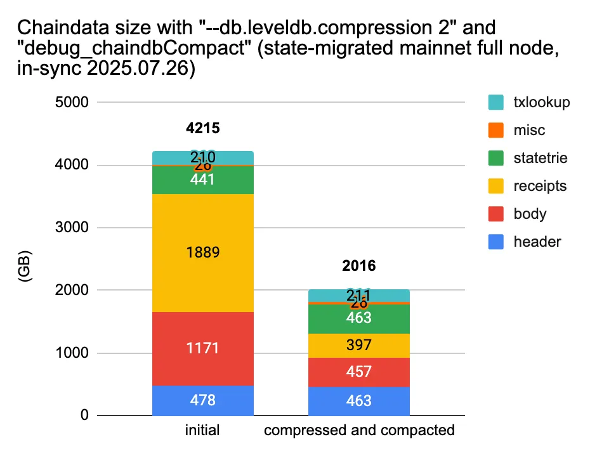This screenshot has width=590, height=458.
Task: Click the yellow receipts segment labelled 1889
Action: click(203, 252)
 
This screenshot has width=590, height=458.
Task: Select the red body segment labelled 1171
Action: click(203, 348)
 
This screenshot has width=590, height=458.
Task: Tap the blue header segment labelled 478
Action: click(203, 400)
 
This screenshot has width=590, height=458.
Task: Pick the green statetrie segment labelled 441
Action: click(203, 180)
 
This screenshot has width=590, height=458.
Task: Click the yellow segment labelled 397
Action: click(358, 345)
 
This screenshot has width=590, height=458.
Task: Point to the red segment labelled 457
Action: click(358, 372)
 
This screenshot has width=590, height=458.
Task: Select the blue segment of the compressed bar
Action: click(358, 401)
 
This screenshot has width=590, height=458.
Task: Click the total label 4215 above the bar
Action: click(203, 129)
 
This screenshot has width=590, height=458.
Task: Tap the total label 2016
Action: click(359, 266)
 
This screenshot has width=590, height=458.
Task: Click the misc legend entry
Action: click(529, 130)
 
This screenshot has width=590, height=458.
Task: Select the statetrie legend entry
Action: click(540, 158)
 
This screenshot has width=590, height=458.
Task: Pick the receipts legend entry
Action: click(539, 186)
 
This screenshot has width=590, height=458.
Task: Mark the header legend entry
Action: click(537, 241)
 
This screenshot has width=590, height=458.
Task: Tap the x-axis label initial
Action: click(203, 431)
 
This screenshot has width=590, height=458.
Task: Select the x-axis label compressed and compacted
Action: click(359, 431)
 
